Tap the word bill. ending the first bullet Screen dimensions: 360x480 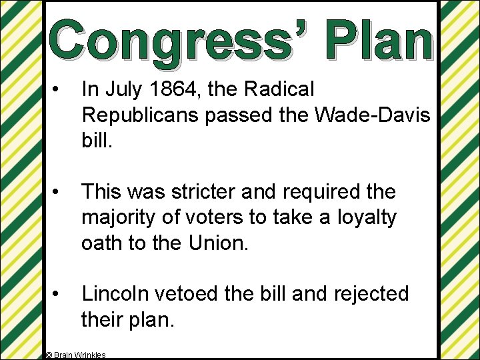tap(95, 140)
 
